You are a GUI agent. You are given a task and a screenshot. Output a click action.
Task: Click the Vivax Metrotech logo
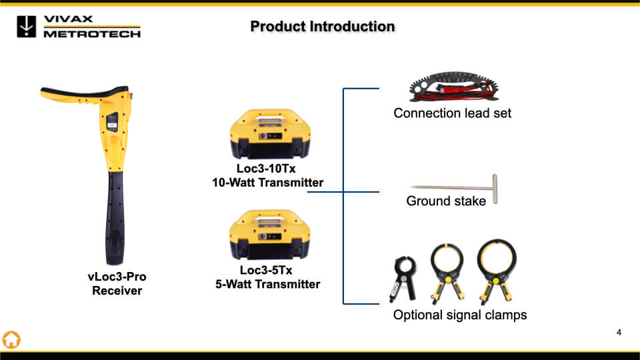pyautogui.click(x=79, y=26)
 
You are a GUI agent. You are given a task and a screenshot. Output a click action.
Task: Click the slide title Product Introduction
pyautogui.click(x=323, y=27)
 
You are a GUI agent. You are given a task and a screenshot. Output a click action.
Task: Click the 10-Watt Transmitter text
pyautogui.click(x=264, y=183)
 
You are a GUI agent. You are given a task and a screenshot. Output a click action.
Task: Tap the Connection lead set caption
pyautogui.click(x=452, y=113)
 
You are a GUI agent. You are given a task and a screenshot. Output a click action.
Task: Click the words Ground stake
pyautogui.click(x=446, y=201)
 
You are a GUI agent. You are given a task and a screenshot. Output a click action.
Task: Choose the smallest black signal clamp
pyautogui.click(x=403, y=278)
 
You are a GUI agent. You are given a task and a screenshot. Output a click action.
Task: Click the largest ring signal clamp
pyautogui.click(x=496, y=271)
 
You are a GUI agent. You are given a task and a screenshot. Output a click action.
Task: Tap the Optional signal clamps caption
pyautogui.click(x=460, y=315)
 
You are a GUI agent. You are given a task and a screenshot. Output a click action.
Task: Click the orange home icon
pyautogui.click(x=11, y=339)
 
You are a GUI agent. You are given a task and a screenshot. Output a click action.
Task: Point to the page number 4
pyautogui.click(x=619, y=333)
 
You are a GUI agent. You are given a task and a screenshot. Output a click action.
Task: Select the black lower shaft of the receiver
pyautogui.click(x=117, y=213)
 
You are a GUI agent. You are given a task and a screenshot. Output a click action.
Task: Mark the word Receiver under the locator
pyautogui.click(x=117, y=290)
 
